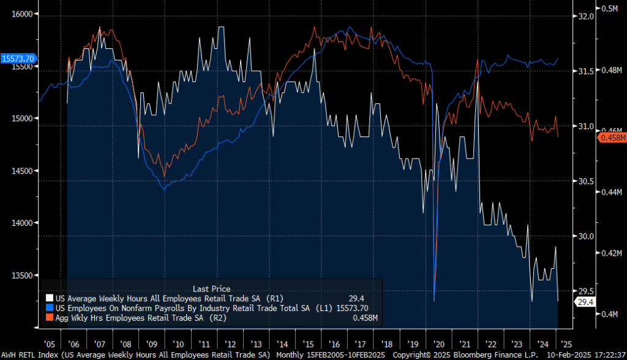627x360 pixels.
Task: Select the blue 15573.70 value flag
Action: click(x=18, y=58)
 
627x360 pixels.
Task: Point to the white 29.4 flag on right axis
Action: click(x=584, y=302)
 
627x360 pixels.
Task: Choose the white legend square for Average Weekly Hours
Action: click(x=50, y=298)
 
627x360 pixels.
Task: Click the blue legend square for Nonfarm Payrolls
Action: click(x=50, y=308)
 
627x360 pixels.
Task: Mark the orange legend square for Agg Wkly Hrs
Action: click(x=50, y=318)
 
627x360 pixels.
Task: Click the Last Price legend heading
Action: click(x=211, y=288)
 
